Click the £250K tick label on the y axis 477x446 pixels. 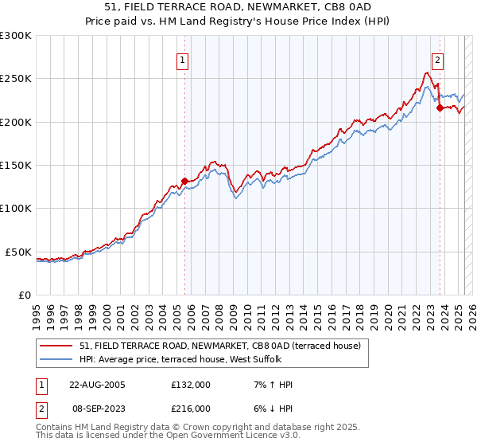(16, 79)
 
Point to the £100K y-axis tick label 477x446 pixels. (16, 208)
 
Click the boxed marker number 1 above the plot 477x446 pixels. (183, 59)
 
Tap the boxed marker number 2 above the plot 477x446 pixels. (438, 58)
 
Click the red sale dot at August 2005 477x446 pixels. (184, 181)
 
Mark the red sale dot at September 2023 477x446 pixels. (440, 108)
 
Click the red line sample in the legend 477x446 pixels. (57, 346)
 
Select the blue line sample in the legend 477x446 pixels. (57, 358)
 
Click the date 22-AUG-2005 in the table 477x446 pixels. (97, 384)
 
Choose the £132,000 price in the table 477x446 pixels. (191, 384)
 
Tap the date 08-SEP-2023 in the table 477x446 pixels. (97, 408)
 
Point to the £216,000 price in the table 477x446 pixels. (191, 408)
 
